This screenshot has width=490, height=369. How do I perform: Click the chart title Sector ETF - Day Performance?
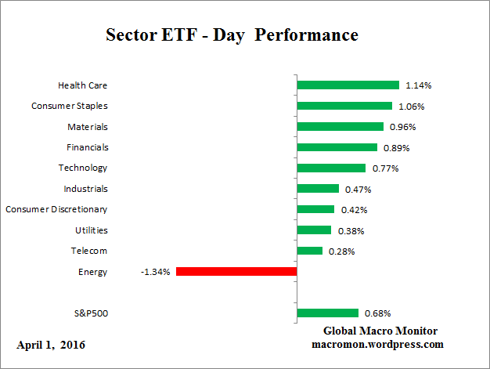232,35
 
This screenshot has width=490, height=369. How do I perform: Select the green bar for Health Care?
348,85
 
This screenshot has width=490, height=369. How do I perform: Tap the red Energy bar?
236,272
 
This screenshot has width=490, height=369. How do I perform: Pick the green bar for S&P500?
327,313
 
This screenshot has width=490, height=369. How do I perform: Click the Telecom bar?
309,251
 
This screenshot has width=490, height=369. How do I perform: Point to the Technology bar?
331,168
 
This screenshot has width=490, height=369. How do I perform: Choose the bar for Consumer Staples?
344,106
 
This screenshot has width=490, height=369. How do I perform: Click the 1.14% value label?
418,85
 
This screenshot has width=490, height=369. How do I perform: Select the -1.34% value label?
157,272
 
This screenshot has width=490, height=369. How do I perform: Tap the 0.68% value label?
377,313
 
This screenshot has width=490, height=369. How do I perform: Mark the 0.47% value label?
358,189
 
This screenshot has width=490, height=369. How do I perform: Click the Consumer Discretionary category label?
56,209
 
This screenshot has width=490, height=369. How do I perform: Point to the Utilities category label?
92,230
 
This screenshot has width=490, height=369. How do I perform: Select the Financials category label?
88,147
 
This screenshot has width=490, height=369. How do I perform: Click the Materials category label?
88,126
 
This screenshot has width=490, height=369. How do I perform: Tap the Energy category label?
94,272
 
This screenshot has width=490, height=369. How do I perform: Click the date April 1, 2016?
51,345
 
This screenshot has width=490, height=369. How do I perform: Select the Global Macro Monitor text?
380,331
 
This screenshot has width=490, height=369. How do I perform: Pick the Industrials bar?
318,189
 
